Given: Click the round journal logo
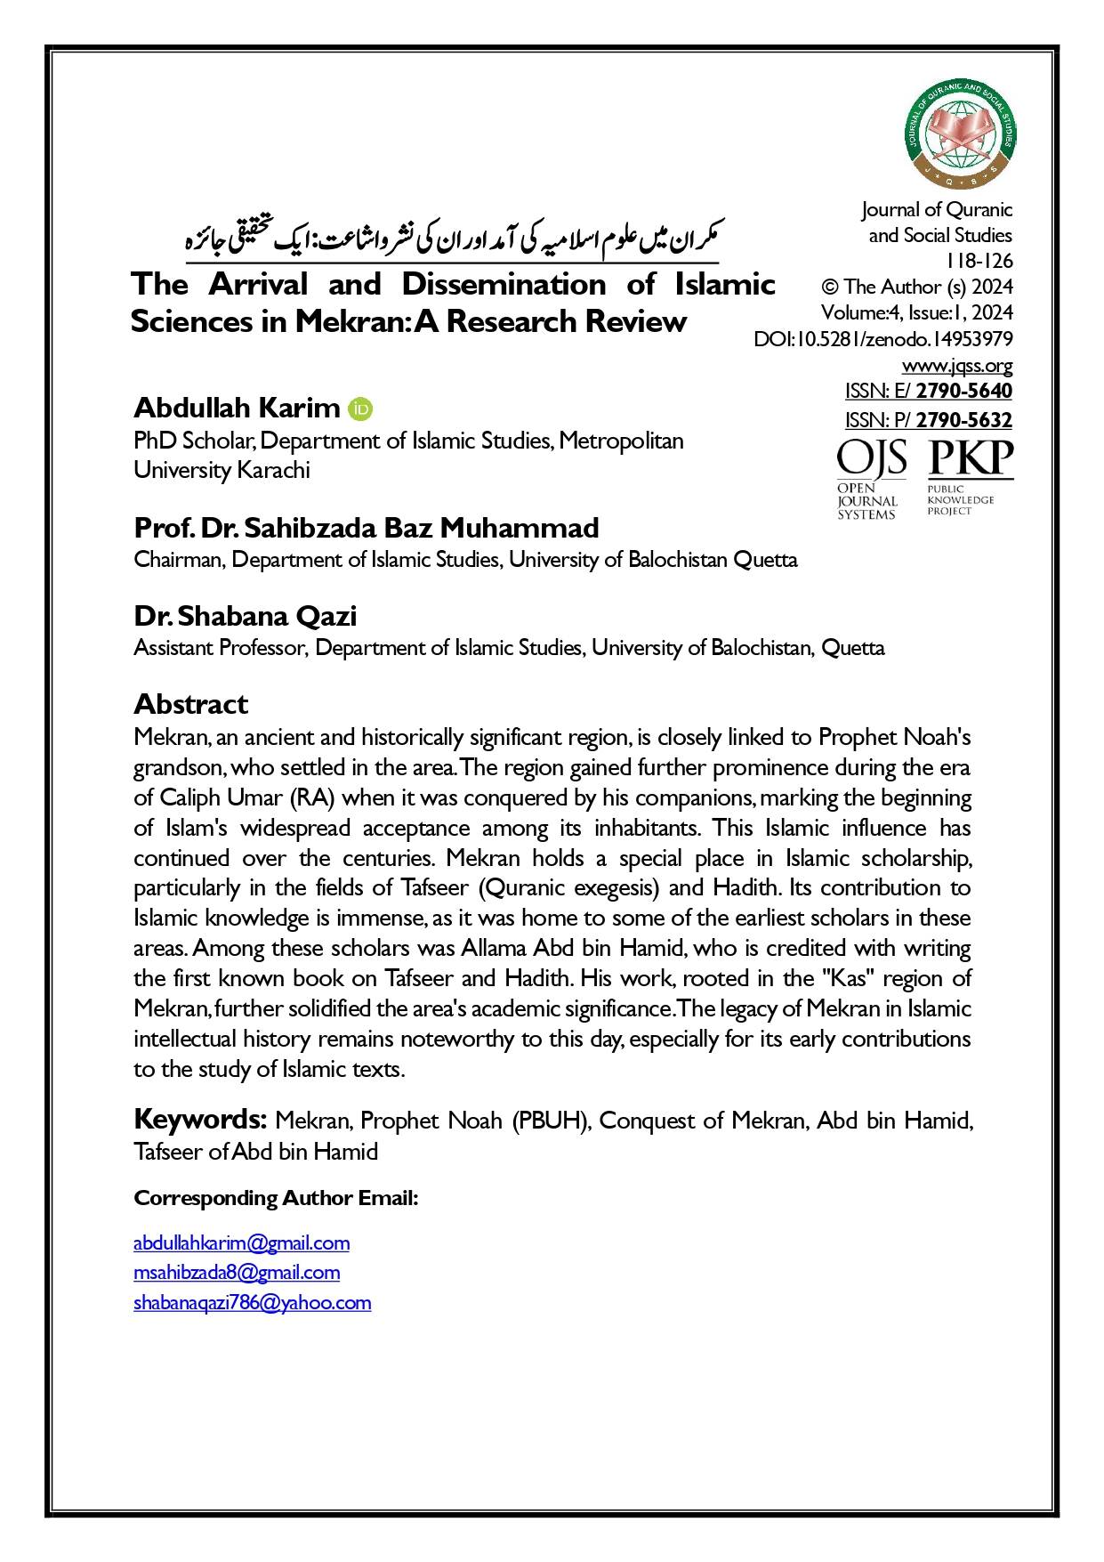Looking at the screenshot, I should coord(961,134).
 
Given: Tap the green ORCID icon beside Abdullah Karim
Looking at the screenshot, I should coord(360,409).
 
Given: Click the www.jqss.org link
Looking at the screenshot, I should coord(957,366).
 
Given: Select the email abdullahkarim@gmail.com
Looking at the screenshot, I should coord(241,1243).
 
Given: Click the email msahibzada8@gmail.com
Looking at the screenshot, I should coord(237,1273).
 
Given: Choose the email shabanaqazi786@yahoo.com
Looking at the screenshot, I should coord(252,1303).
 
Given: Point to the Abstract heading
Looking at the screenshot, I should coord(190,704).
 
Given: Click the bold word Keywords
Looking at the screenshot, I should coord(200,1119).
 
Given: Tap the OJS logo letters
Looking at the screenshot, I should coord(872,459).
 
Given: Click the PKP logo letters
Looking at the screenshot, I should coord(971,459).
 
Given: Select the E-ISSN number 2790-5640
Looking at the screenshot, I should coord(963,392).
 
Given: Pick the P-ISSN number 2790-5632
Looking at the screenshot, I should coord(963,420).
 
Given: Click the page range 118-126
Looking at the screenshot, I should coord(979,261).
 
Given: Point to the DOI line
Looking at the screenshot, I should coord(882,339).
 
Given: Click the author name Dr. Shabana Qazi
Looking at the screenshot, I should coord(246,616).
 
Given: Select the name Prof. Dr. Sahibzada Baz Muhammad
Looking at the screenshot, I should coord(367,528).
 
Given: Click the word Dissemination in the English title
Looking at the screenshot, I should coord(504,284).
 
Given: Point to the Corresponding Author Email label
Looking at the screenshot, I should coord(276,1198).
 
